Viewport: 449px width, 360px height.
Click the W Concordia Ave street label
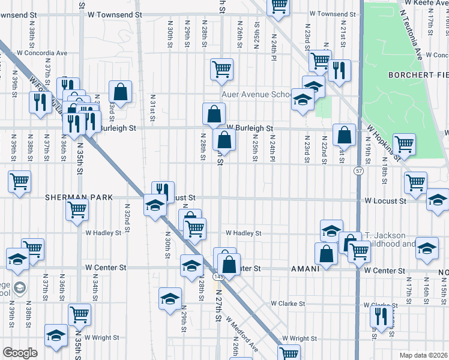tap(42, 53)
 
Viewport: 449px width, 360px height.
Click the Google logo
tap(20, 353)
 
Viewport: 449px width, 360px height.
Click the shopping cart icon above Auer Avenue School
tap(221, 69)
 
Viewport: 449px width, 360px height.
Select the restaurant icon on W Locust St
tap(163, 191)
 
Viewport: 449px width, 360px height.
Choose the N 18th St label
tap(384, 172)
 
